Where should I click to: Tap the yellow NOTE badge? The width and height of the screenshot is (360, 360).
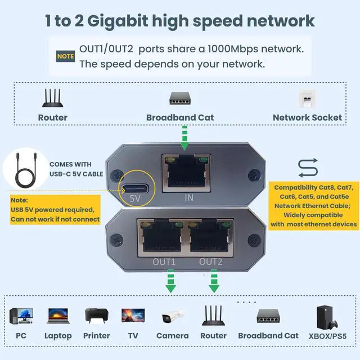point(65,56)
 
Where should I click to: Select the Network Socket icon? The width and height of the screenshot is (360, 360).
point(307,98)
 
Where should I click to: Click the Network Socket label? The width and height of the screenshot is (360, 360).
point(307,118)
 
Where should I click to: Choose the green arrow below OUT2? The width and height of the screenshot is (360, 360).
point(213,281)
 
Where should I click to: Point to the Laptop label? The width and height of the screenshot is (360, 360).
point(58,336)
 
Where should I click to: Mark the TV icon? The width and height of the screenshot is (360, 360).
point(133,316)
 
